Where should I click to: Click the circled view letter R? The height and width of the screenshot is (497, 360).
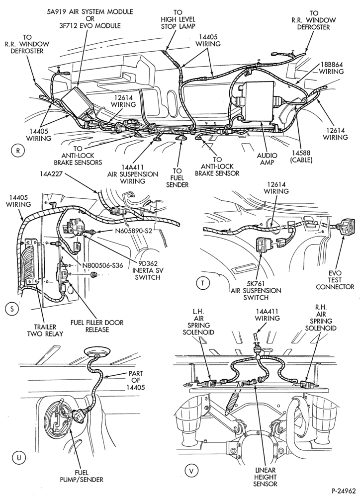[18, 151]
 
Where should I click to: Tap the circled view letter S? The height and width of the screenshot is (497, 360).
[12, 309]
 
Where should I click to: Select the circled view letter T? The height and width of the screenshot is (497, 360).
[203, 284]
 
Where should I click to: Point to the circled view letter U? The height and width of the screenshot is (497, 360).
[18, 457]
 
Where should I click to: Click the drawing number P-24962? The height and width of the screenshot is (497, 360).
[344, 490]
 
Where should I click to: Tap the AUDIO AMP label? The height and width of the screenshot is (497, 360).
[267, 159]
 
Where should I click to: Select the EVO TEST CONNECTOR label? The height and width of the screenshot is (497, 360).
[335, 280]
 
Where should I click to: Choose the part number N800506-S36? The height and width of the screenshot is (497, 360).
[102, 263]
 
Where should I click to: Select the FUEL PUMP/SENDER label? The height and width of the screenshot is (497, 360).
[82, 476]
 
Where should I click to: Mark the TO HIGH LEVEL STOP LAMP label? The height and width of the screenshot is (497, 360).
[178, 19]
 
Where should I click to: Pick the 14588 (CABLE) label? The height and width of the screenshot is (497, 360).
[301, 157]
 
